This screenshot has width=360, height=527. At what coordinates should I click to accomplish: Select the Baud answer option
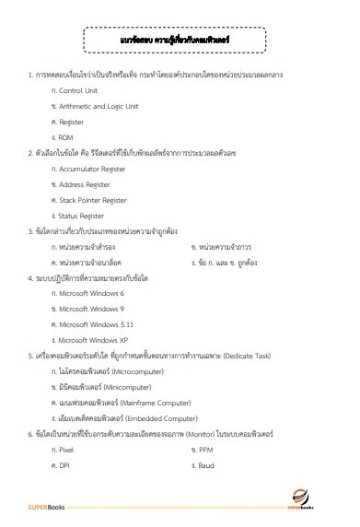[x=205, y=439]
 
